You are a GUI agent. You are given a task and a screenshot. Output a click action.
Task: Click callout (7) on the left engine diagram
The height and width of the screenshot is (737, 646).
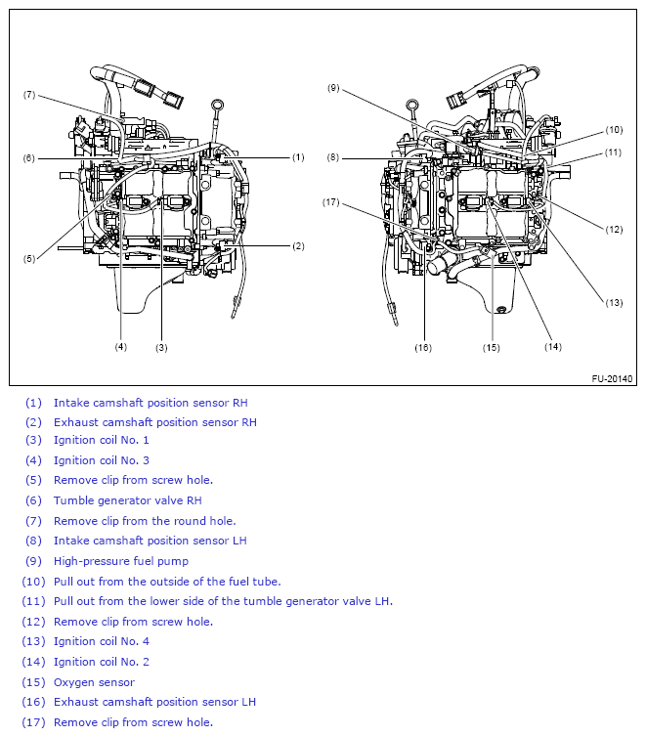(x=29, y=95)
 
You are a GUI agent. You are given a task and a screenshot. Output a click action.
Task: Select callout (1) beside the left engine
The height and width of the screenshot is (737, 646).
(x=298, y=156)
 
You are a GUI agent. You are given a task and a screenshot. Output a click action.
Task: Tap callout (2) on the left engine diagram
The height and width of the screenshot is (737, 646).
(x=298, y=245)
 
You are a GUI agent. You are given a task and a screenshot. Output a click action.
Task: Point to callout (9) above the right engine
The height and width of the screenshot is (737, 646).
(x=333, y=88)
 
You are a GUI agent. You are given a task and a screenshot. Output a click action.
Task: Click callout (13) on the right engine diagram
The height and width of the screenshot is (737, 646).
(x=613, y=302)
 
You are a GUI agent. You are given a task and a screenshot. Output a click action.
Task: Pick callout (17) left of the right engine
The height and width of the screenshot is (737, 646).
(x=332, y=202)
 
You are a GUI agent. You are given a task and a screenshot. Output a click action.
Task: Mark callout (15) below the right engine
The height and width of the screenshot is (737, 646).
(x=491, y=347)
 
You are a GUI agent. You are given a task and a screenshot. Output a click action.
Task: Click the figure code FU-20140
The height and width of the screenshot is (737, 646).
(x=612, y=378)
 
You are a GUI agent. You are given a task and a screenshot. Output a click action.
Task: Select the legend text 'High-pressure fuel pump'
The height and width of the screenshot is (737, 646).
(x=121, y=561)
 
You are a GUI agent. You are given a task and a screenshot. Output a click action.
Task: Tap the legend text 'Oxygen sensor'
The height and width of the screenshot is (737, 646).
(x=94, y=682)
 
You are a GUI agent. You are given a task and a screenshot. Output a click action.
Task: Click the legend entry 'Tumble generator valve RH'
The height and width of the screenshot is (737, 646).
(x=127, y=500)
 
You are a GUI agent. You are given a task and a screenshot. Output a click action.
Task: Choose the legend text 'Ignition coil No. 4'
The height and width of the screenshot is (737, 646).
(x=102, y=641)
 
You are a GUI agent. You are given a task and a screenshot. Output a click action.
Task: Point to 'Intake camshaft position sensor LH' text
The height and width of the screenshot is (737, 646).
(x=150, y=541)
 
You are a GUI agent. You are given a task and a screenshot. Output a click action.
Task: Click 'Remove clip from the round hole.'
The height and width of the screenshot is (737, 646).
(x=145, y=521)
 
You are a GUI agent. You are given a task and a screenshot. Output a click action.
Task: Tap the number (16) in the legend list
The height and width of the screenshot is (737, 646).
(x=34, y=702)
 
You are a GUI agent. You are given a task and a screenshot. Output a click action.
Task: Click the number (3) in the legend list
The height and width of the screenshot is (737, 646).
(x=34, y=440)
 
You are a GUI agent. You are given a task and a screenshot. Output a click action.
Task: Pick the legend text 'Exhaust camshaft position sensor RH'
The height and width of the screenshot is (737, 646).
(x=154, y=422)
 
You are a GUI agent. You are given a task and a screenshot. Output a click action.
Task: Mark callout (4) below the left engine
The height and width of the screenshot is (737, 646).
(x=120, y=347)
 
